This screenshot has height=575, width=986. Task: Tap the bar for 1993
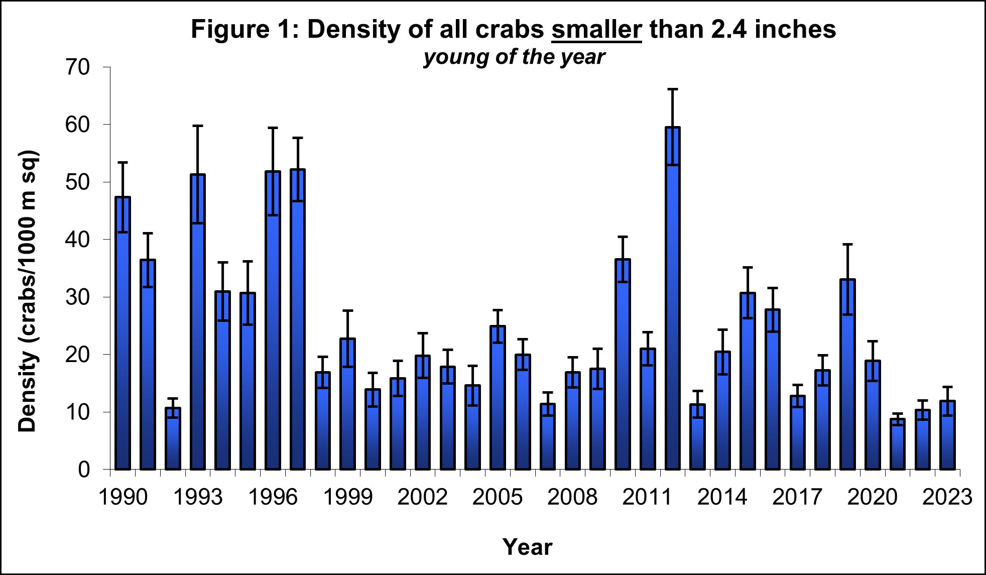[198, 322]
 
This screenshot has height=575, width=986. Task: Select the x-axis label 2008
[572, 497]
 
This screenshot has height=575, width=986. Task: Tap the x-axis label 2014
[722, 497]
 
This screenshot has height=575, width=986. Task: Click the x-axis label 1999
[348, 497]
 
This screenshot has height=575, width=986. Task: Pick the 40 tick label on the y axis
[77, 240]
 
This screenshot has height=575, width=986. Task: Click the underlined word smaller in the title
[596, 29]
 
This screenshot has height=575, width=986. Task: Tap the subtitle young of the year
[514, 57]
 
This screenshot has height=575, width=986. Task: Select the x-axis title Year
[527, 546]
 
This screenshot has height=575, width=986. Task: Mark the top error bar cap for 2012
[673, 89]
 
